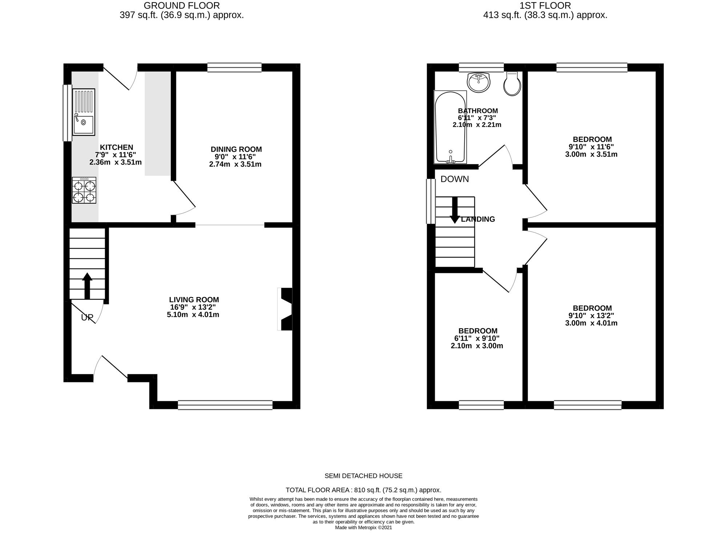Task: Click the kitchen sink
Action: pyautogui.click(x=84, y=112)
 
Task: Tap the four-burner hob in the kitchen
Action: pyautogui.click(x=84, y=190)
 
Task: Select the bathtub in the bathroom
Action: pyautogui.click(x=450, y=127)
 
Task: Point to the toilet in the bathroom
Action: pyautogui.click(x=512, y=83)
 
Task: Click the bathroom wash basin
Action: pyautogui.click(x=479, y=82)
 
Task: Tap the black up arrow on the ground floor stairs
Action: pyautogui.click(x=87, y=286)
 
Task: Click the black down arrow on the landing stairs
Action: pyautogui.click(x=455, y=210)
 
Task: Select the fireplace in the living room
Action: pyautogui.click(x=285, y=309)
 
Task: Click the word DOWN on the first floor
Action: pyautogui.click(x=455, y=179)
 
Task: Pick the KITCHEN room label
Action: pyautogui.click(x=116, y=147)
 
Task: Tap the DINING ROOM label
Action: pyautogui.click(x=236, y=149)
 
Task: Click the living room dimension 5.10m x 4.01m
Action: pyautogui.click(x=193, y=315)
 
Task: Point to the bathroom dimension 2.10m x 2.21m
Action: pyautogui.click(x=477, y=125)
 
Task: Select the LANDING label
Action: pyautogui.click(x=478, y=219)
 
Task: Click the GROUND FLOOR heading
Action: pyautogui.click(x=182, y=6)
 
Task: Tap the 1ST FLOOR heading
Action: pyautogui.click(x=545, y=6)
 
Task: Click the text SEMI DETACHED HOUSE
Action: pyautogui.click(x=363, y=476)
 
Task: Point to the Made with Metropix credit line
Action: pyautogui.click(x=363, y=528)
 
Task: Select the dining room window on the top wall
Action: pyautogui.click(x=234, y=68)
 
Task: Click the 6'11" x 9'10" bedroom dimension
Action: pyautogui.click(x=477, y=338)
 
